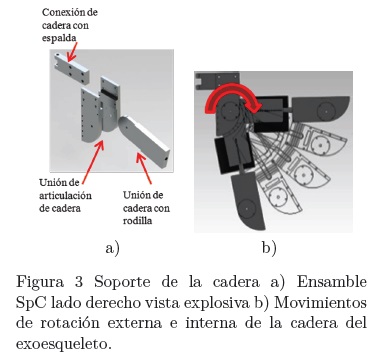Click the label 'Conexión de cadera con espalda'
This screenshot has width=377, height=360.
click(x=70, y=25)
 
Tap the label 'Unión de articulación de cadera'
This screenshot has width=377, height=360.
click(x=65, y=195)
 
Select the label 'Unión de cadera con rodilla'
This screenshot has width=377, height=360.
click(x=146, y=208)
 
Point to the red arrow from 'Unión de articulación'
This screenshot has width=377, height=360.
click(x=93, y=162)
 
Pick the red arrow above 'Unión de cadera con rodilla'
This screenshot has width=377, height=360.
click(x=144, y=168)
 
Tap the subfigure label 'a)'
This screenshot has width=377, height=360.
click(x=112, y=248)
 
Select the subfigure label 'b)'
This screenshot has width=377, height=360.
click(x=269, y=248)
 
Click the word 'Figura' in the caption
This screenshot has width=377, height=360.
click(x=40, y=283)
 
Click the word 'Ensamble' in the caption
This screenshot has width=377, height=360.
click(x=332, y=282)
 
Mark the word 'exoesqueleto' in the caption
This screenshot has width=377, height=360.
click(x=63, y=344)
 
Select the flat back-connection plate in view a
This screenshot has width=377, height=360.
click(x=71, y=69)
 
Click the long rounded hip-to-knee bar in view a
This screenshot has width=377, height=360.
click(x=144, y=141)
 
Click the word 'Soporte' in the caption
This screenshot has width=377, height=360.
click(x=122, y=283)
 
